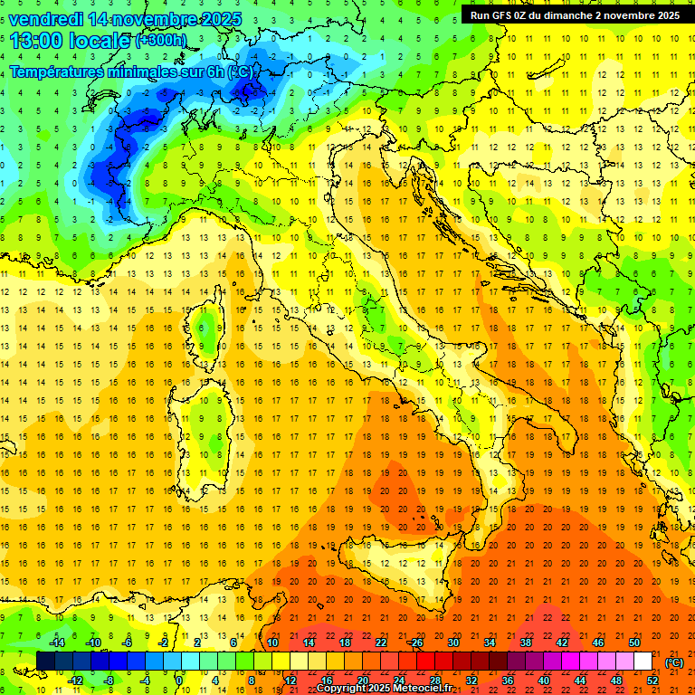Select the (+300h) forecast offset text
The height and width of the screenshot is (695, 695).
(x=161, y=41)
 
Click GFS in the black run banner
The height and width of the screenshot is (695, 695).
(x=505, y=14)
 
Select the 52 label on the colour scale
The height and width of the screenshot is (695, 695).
(x=652, y=681)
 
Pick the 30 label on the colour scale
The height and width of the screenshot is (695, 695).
(x=452, y=643)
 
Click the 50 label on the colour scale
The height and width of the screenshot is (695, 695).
(x=633, y=643)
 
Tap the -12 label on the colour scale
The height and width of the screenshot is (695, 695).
(x=76, y=681)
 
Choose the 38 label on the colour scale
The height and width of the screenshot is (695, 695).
(x=525, y=643)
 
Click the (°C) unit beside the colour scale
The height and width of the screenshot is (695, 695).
(x=674, y=662)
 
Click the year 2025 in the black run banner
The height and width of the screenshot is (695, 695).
(x=668, y=14)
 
